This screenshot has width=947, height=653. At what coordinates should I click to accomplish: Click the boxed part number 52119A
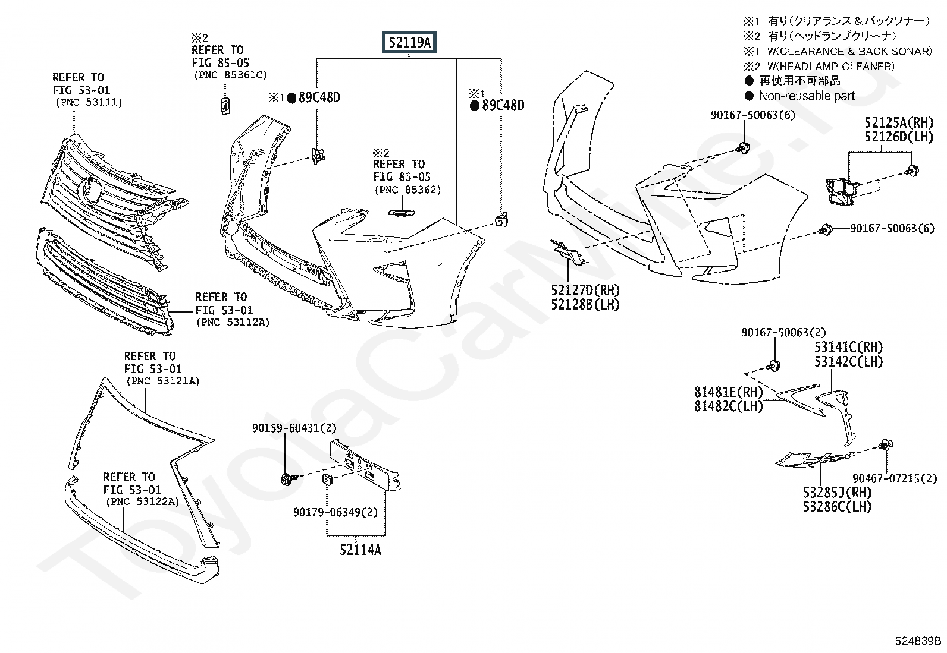(409, 43)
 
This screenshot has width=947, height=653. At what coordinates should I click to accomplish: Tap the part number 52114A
(360, 550)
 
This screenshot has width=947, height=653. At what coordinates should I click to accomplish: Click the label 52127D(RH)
(585, 291)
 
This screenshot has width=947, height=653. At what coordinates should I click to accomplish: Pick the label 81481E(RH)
(728, 392)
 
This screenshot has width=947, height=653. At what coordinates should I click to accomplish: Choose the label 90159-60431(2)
(294, 428)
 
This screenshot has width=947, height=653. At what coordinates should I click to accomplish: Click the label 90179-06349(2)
(335, 512)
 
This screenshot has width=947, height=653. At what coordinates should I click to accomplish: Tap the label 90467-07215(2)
(894, 478)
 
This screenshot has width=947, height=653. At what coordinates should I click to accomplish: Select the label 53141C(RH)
(848, 347)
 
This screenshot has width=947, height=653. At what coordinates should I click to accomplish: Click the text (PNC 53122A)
(141, 502)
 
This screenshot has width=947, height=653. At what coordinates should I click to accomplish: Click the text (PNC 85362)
(407, 190)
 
